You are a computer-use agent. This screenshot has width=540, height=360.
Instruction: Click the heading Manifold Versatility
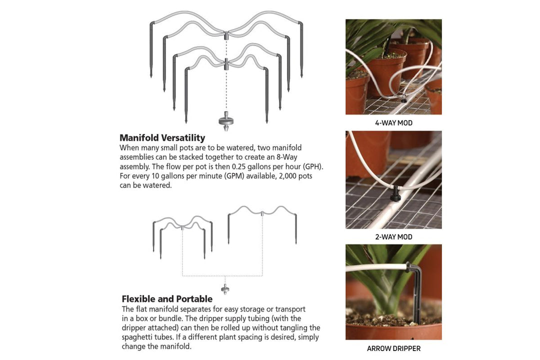162,138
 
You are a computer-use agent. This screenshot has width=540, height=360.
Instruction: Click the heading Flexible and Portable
167,298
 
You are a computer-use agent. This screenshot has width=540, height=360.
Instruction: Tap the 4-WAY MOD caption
393,123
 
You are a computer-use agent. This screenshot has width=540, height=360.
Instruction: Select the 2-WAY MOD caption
393,237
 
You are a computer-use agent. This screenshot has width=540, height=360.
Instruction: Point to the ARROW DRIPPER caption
393,348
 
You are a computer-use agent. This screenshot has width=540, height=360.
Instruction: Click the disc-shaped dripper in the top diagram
226,121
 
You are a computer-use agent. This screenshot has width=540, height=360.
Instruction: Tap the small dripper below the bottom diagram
225,289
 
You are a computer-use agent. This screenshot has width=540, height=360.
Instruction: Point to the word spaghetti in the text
136,337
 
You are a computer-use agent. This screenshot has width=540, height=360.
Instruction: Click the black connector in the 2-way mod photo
396,194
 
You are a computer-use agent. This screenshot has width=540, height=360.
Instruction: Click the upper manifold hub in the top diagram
226,35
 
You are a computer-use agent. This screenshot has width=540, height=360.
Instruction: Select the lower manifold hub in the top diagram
226,64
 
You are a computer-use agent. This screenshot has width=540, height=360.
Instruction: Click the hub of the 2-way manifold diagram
262,213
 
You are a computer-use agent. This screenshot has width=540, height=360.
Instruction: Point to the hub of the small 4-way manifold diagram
182,227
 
